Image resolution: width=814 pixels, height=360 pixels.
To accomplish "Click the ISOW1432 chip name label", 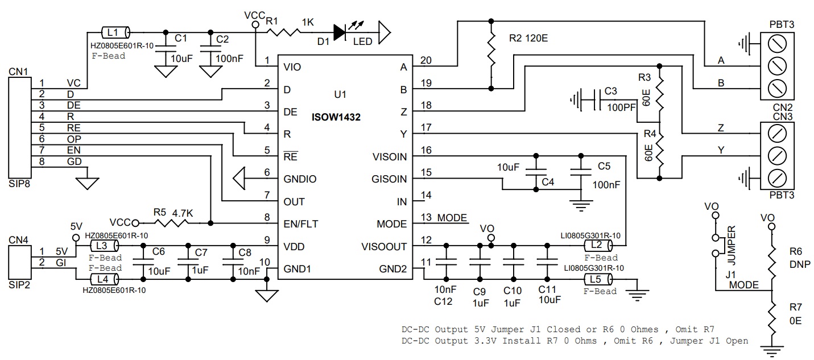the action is pos(336,117).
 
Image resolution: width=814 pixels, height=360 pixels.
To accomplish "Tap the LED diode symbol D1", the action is pos(340,32).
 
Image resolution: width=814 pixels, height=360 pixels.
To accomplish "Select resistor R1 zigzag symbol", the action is pos(283,32).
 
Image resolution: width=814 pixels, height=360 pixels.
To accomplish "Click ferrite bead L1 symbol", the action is pos(115,32).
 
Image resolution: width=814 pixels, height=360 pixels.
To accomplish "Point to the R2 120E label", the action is pos(528,38).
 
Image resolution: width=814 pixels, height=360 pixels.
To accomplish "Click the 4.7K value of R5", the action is pos(183,213).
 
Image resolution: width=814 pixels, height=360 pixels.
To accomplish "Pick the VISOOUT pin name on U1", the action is pos(384,247).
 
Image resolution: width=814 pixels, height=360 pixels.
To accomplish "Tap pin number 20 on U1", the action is pos(426,60).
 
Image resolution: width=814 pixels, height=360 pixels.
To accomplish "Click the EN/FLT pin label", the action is pos(301,224).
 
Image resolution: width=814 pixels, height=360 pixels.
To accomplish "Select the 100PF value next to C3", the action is pos(621,107).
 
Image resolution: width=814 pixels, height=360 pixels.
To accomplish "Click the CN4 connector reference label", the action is pos(18,240).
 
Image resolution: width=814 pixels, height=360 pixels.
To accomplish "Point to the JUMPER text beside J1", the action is pos(731,245).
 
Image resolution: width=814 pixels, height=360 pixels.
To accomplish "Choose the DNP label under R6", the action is pos(800,264).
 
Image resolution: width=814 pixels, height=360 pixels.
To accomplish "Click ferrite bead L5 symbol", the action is pos(598,279).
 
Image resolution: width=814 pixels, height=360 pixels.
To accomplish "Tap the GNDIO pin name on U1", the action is pos(300,179).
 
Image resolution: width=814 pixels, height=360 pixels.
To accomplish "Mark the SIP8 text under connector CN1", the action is pos(19,184).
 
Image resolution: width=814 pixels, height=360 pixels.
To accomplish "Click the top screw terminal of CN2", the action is pos(777,44).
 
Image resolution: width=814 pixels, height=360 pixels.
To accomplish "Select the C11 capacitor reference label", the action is pos(547,289).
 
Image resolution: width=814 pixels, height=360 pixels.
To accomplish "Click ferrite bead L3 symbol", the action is pos(104,246).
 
